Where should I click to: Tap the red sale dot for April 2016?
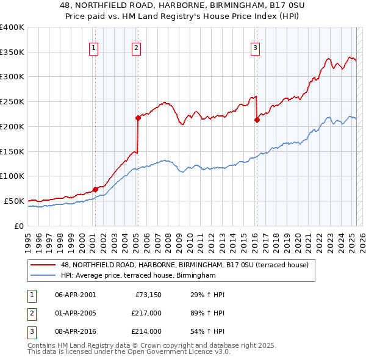257,120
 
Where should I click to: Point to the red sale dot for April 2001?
95,189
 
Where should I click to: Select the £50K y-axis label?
14,201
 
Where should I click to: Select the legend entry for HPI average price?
138,275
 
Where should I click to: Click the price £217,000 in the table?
146,313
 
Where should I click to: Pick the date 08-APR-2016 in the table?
75,331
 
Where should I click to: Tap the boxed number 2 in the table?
30,313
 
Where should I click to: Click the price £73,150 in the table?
148,295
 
